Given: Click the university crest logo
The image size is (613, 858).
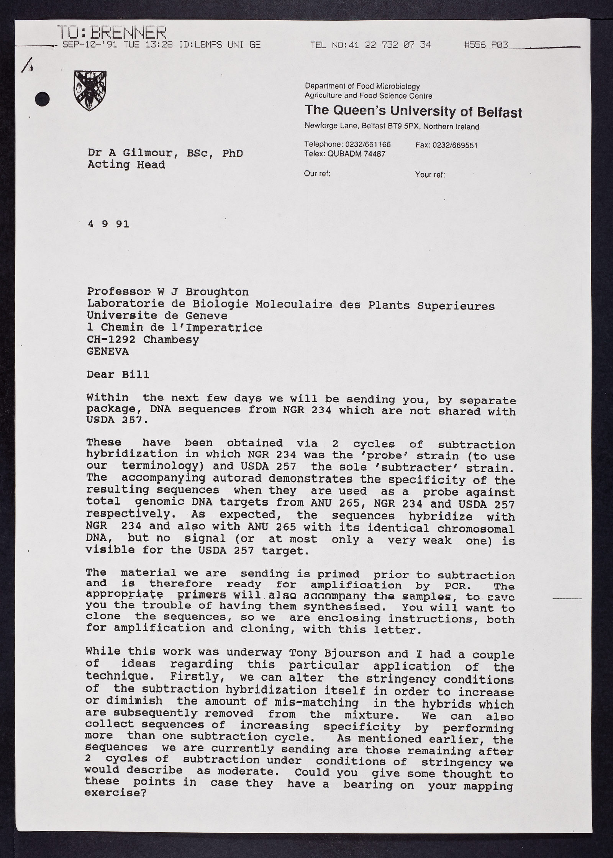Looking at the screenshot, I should [90, 91].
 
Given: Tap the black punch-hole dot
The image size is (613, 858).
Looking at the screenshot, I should [43, 99].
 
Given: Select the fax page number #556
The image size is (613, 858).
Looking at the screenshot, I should [475, 45].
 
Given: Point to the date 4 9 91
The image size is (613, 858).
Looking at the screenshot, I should [108, 224].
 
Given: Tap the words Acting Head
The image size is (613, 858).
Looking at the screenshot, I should [126, 165].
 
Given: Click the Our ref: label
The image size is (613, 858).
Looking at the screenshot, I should [317, 174].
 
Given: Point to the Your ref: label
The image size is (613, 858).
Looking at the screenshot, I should [430, 175].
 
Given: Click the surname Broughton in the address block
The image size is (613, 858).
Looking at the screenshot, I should [217, 292].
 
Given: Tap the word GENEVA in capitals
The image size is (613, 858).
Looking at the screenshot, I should [108, 352].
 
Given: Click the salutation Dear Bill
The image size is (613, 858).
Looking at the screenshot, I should [118, 374].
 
